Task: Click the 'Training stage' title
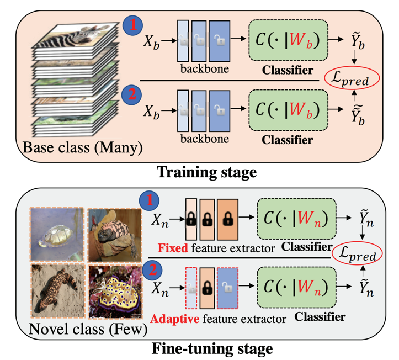pyautogui.click(x=207, y=172)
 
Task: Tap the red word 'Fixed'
pyautogui.click(x=169, y=248)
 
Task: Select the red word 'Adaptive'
pyautogui.click(x=174, y=319)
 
